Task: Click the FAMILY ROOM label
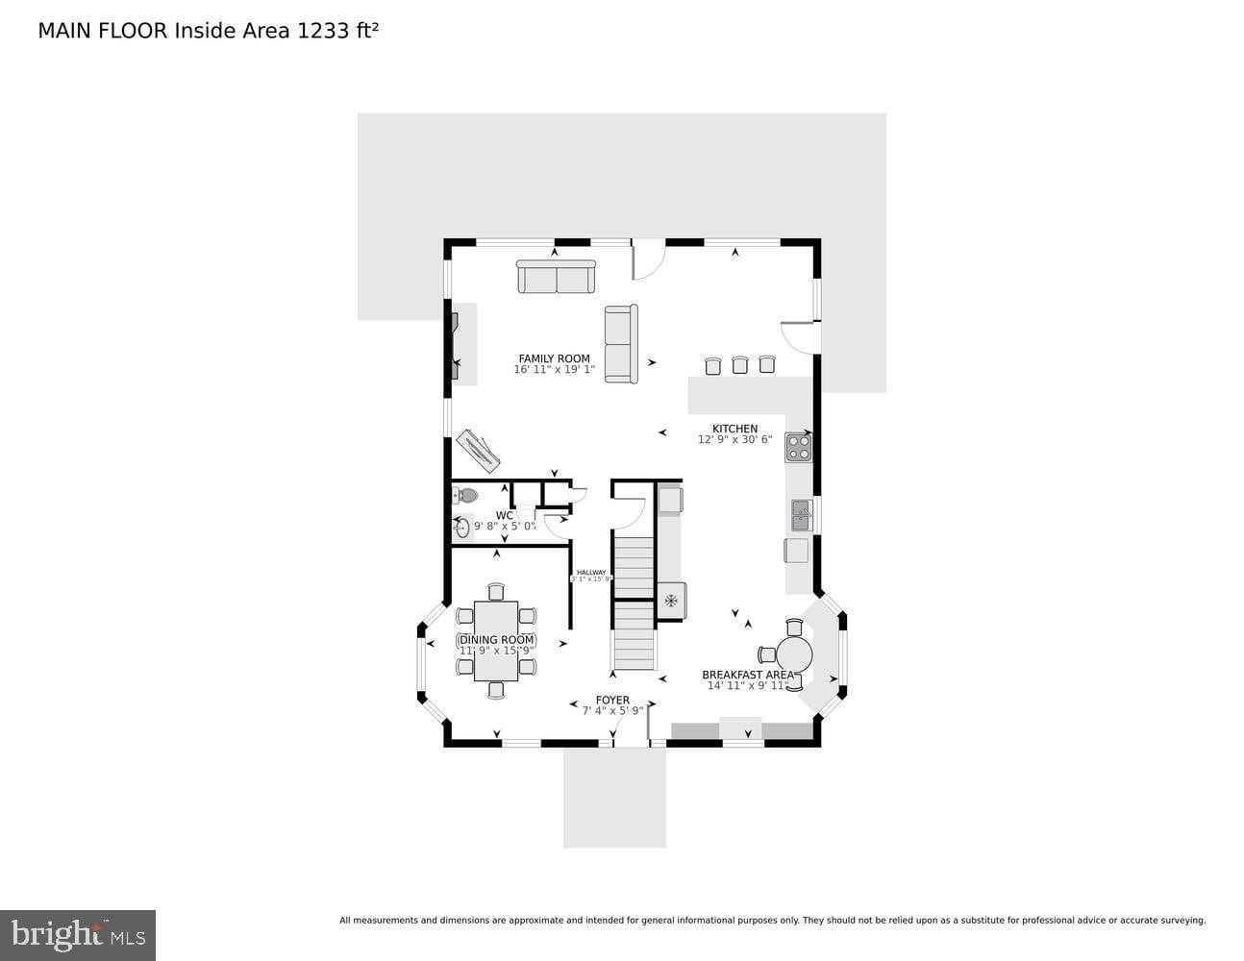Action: (554, 358)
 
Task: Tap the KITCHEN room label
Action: (734, 429)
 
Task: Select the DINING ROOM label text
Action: (497, 640)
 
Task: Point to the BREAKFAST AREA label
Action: (748, 675)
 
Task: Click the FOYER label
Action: (612, 701)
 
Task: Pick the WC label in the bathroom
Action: (505, 515)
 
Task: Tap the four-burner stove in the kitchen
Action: (798, 447)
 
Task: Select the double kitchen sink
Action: (801, 516)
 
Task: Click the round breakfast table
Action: (794, 655)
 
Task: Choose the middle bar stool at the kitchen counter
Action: (739, 365)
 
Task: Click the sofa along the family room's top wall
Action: (556, 277)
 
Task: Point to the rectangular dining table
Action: (496, 641)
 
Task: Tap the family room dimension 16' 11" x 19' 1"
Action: (554, 370)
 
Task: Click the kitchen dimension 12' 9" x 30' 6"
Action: (734, 440)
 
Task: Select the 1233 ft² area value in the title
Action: (337, 31)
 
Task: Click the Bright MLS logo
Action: (77, 935)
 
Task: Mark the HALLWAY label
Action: (591, 572)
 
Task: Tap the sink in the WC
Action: (462, 527)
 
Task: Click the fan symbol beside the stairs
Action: (670, 602)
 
